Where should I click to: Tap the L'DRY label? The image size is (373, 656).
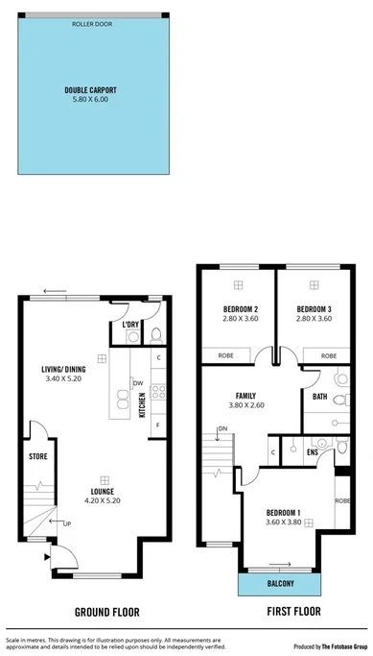(x=132, y=324)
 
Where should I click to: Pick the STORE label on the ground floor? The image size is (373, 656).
(x=37, y=456)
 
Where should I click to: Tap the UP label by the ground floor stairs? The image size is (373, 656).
(x=66, y=523)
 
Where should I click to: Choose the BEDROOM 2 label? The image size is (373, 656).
(x=235, y=308)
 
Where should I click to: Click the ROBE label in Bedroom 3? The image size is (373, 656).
(x=329, y=355)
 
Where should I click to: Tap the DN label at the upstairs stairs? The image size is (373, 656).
(x=221, y=427)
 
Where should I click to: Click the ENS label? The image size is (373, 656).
(x=313, y=450)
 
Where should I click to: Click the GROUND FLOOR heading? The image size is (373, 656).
(x=107, y=611)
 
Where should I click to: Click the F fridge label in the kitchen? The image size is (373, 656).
(x=157, y=424)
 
